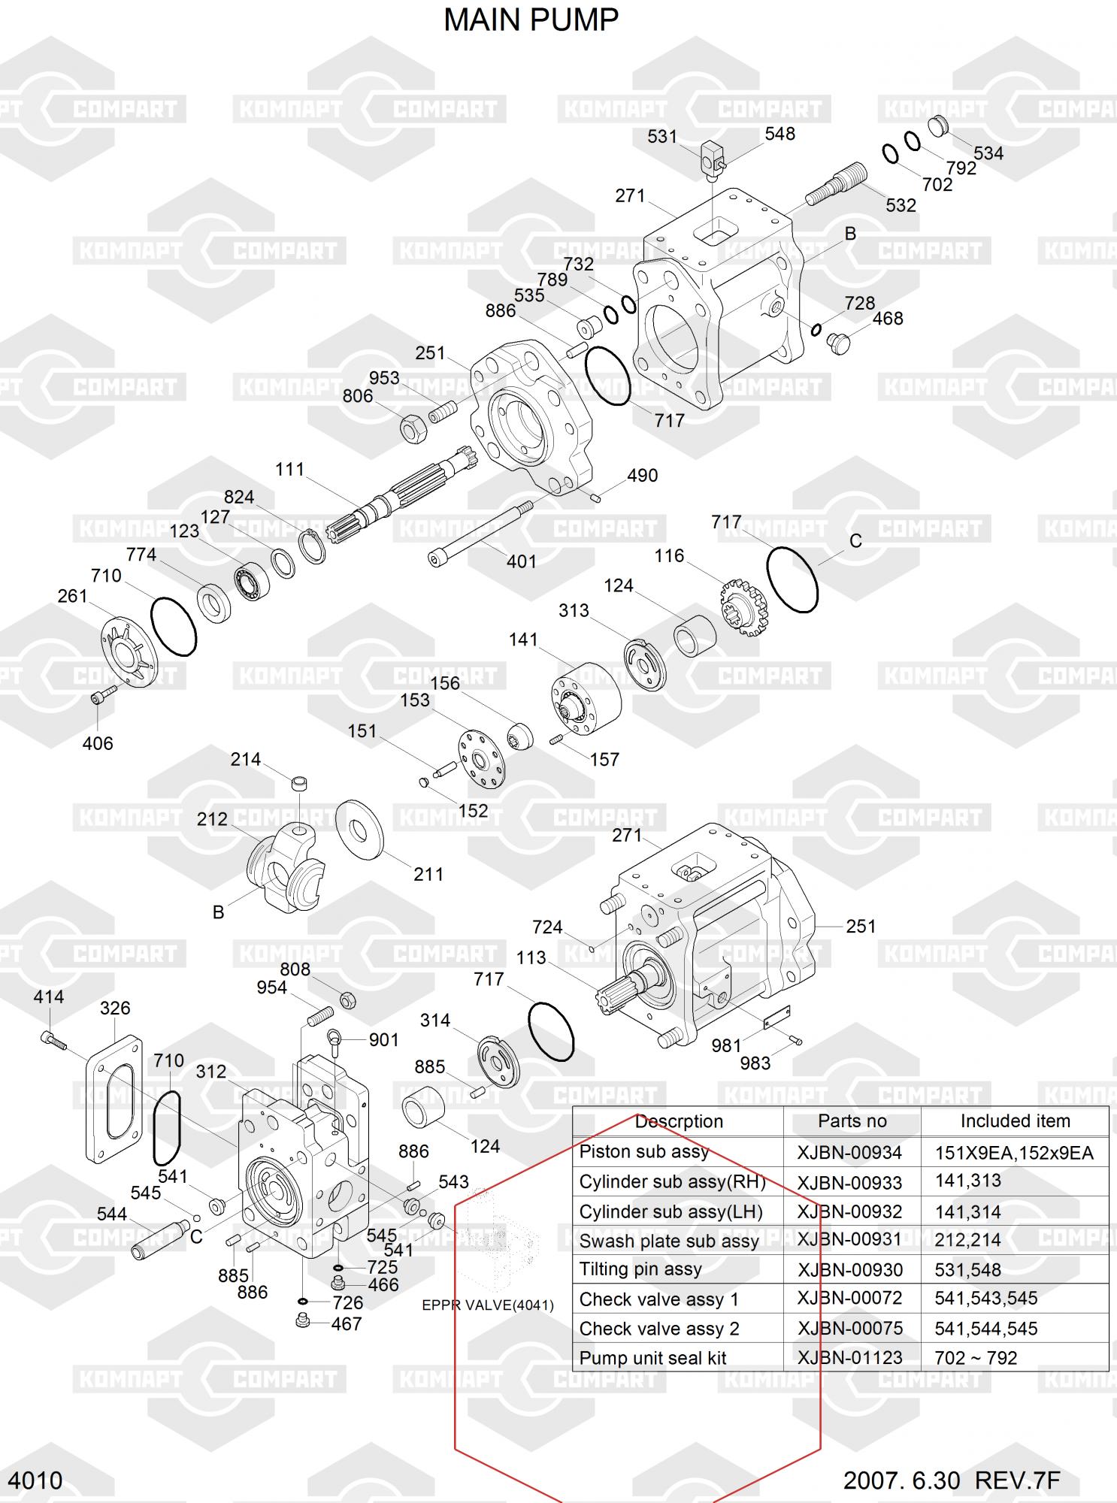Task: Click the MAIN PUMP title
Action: pos(531,20)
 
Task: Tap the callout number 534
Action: pos(988,153)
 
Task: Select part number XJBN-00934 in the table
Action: pos(849,1152)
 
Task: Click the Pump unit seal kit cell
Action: pos(652,1358)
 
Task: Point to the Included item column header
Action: pos(1015,1121)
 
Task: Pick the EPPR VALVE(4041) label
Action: pos(488,1305)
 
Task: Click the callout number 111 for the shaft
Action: pos(289,470)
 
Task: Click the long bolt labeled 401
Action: pos(481,533)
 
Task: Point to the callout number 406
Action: pos(98,743)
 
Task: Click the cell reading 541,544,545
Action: pos(985,1328)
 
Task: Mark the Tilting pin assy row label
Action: pos(640,1269)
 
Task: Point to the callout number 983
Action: pos(755,1063)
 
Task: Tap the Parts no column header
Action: pos(852,1121)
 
